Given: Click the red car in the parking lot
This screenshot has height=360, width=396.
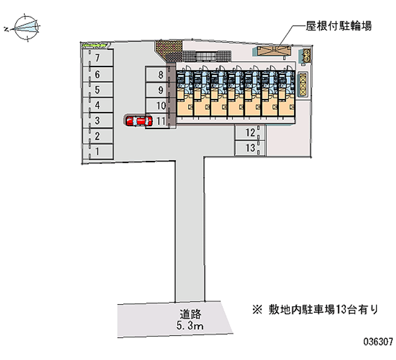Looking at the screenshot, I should (138, 120).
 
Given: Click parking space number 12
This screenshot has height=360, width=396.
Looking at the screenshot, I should (250, 132).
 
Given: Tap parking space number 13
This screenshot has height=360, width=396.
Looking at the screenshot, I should (250, 148).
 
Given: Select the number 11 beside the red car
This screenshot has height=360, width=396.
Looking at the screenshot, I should (160, 120).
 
